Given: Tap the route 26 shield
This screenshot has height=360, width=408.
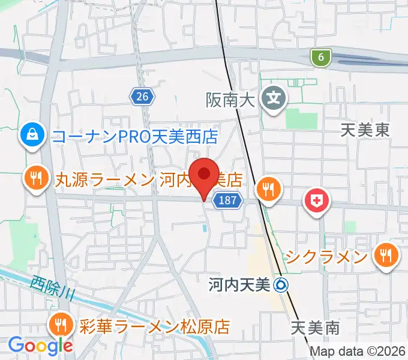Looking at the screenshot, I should tap(142, 96).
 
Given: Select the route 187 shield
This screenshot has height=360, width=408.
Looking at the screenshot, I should tap(228, 201).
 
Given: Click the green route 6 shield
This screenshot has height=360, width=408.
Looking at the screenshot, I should tap(322, 58).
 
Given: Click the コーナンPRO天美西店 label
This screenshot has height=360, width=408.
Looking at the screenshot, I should tap(135, 137).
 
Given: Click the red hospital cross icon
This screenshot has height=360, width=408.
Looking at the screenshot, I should tap(317, 201).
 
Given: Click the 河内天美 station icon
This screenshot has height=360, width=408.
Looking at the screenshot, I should tap(280, 286).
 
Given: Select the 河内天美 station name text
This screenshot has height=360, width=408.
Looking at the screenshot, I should tap(239, 286).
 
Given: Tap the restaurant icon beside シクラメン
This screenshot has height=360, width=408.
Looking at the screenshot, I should tap(383, 257).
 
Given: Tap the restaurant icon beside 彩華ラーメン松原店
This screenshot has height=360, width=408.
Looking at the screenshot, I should tap(61, 326).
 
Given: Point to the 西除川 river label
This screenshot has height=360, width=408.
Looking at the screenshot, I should tap(53, 287).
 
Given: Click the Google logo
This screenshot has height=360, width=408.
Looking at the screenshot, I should tap(40, 345).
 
